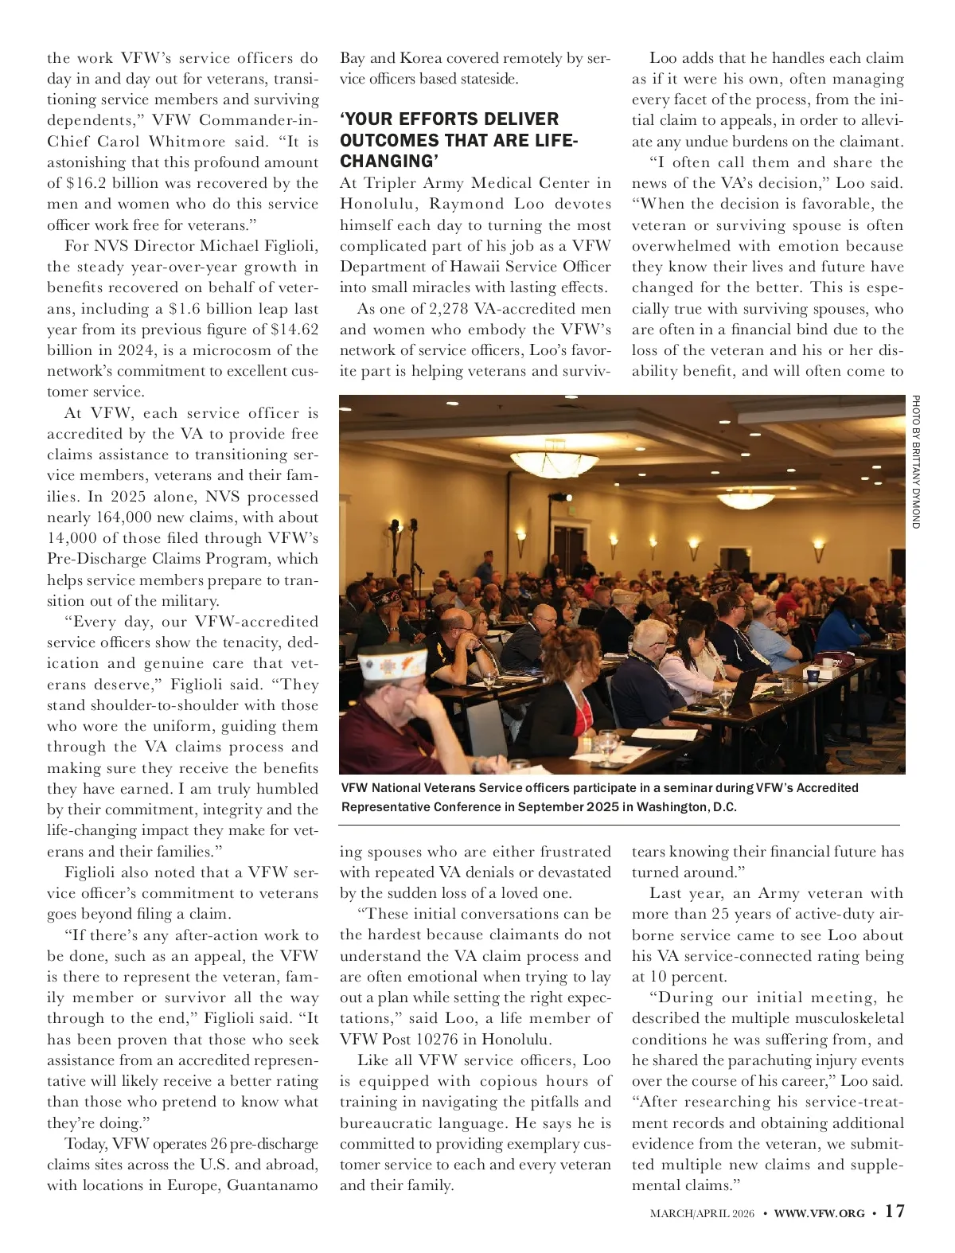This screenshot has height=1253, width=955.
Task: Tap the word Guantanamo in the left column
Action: [273, 1185]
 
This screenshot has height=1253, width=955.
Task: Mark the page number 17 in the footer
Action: [895, 1212]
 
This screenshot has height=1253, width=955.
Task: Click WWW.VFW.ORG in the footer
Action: [819, 1213]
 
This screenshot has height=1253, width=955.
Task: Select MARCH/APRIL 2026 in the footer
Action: [702, 1213]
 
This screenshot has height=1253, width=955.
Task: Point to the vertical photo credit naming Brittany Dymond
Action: [916, 462]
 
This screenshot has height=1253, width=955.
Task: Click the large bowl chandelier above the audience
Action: [741, 500]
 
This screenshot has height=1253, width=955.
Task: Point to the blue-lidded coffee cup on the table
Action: [813, 674]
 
